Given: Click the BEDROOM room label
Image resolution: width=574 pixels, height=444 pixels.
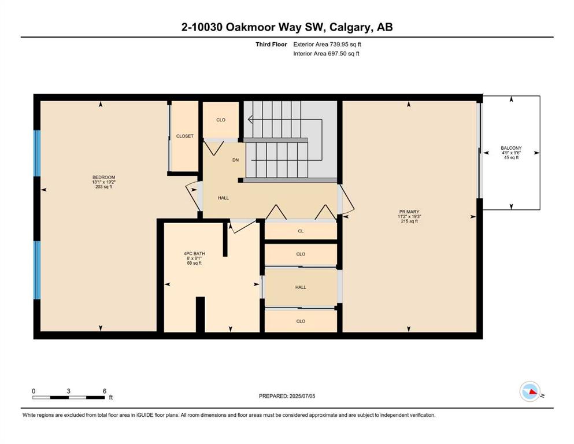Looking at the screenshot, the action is click(x=103, y=177).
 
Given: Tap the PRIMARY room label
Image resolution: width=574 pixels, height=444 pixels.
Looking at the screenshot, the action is click(x=409, y=212).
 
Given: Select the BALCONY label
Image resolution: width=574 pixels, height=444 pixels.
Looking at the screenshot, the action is click(x=512, y=148).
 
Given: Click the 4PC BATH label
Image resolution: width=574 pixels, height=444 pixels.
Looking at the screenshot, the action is click(x=194, y=253).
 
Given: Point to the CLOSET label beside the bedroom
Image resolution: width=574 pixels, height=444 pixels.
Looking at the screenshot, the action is click(x=185, y=136).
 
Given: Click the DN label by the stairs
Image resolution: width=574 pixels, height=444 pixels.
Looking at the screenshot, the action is click(x=236, y=160).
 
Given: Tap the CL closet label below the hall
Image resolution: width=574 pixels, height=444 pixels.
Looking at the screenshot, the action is click(x=301, y=231).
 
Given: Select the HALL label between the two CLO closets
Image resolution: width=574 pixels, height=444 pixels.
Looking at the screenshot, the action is click(x=301, y=287).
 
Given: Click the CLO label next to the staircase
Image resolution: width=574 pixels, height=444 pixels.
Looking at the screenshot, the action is click(x=221, y=120).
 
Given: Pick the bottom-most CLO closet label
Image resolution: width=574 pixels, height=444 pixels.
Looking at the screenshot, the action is click(x=301, y=321).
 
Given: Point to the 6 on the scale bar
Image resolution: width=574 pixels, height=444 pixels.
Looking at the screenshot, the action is click(x=104, y=391).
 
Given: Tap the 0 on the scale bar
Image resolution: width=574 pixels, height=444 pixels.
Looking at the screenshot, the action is click(x=34, y=391).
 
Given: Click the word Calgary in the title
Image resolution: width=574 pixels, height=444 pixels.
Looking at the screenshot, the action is click(x=349, y=27).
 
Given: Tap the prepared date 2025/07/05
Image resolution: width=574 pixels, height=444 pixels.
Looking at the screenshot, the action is click(x=302, y=396).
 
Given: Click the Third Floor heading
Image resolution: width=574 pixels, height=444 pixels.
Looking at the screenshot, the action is click(x=271, y=45).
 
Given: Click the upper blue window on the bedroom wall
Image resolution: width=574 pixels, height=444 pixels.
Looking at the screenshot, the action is click(x=37, y=153).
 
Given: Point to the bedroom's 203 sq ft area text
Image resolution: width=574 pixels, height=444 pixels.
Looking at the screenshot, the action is click(x=103, y=187).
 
